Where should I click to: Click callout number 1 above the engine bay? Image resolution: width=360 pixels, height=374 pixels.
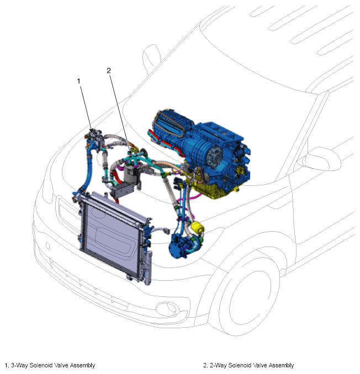point(78,81)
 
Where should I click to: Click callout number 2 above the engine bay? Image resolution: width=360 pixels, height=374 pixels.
point(109,71)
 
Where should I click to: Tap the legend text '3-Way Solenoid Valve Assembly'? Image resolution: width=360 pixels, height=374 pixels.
point(53,365)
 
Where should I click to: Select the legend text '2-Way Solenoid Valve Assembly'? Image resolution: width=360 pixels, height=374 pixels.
point(252,365)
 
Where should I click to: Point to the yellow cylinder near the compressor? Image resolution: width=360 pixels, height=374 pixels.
point(198,227)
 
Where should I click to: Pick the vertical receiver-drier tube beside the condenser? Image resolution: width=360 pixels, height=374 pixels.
point(148,267)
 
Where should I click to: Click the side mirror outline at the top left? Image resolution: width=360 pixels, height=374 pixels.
point(151,58)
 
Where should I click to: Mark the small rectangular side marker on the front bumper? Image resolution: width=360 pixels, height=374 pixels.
point(47,246)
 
